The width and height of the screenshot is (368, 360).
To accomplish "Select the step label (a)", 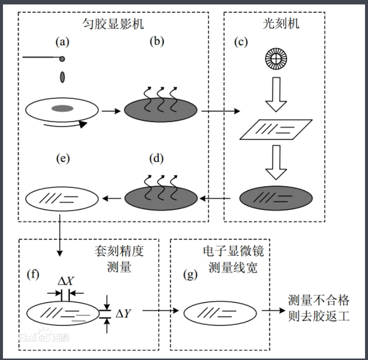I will [62, 42].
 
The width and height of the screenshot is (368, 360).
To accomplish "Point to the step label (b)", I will [156, 42].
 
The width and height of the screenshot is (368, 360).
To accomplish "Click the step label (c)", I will [240, 42].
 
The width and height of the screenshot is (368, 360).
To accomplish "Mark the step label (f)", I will [33, 274].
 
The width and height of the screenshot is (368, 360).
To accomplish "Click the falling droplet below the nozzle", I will [62, 77].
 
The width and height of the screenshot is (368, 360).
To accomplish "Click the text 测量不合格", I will [319, 300].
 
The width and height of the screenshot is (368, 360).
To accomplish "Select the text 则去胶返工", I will [319, 316].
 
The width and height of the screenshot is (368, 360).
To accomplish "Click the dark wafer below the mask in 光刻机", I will [276, 199].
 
